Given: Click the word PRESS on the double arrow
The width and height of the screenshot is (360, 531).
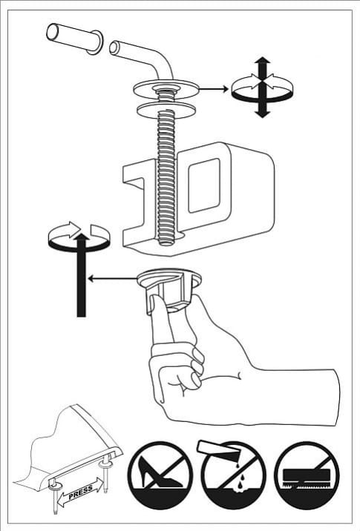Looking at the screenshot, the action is (81, 492).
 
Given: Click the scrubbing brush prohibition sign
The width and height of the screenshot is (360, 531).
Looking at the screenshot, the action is (307, 475).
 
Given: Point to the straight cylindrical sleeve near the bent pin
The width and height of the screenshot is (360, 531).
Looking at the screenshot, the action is (74, 37).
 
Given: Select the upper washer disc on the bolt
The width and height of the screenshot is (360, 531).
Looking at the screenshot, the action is (165, 89).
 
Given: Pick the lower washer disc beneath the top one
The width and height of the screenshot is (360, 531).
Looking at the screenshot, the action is (166, 109).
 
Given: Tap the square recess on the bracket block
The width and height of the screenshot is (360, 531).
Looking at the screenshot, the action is (204, 185).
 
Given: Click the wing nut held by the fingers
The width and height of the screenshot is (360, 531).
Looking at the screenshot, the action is (169, 288).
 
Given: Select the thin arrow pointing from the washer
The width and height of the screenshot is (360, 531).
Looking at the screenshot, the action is (213, 89).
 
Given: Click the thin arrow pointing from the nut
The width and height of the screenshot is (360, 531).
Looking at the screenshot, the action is (113, 279).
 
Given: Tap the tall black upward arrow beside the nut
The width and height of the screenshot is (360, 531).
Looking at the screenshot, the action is (82, 274).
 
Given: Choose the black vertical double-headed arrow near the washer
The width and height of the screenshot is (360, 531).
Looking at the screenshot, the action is (262, 88).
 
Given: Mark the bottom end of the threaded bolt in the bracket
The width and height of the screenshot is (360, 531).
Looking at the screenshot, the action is (166, 243).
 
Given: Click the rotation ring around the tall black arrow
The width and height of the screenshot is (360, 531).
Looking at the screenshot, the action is (79, 237).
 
